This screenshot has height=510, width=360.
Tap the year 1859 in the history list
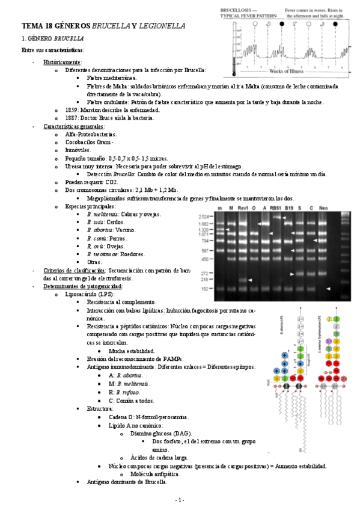72,111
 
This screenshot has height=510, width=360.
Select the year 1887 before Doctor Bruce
72,118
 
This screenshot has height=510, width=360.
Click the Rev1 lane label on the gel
243,207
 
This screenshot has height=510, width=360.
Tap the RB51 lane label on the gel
276,207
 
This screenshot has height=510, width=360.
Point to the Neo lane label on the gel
323,207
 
